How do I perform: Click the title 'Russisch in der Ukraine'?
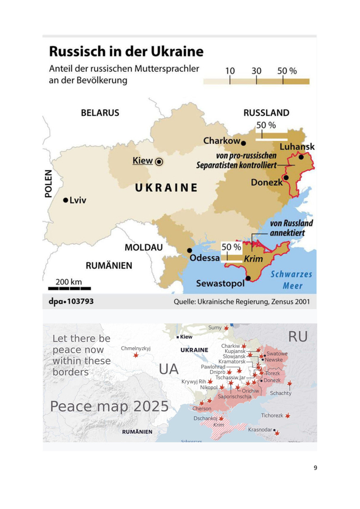coord(126,52)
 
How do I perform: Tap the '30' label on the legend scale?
coord(256,71)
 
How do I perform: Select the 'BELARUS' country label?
coord(100,113)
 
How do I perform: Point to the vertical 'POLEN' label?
coord(49,183)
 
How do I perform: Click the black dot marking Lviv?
coord(66,200)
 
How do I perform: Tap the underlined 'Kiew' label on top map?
coord(143,161)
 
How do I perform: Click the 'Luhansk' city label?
coord(297,147)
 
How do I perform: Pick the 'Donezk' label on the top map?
coord(267,182)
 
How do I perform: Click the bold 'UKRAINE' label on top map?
coord(166,188)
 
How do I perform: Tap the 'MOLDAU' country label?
coord(143,248)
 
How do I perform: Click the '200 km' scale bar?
coord(68,286)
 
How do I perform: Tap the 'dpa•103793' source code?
coord(71,302)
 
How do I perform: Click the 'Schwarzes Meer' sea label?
coord(291,279)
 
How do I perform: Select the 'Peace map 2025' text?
coord(109,406)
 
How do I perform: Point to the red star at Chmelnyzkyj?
coord(136,355)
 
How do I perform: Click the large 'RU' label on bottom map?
coord(298,337)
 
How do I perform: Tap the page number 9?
coord(315,468)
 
